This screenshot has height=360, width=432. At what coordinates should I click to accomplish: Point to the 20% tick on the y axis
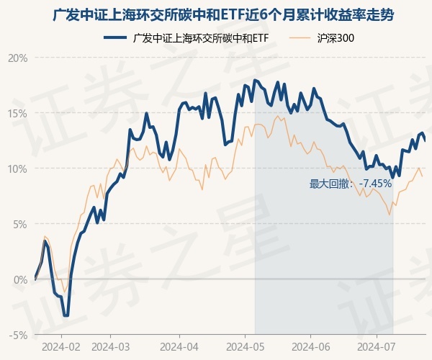(18, 58)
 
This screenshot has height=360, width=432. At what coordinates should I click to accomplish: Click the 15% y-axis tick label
(18, 113)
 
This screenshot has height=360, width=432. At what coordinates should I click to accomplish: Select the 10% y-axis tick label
(18, 168)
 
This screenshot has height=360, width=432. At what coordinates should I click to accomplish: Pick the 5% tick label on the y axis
(20, 224)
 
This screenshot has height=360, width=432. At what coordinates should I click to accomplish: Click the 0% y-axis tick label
(20, 279)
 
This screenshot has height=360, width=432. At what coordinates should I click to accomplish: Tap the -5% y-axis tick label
(19, 335)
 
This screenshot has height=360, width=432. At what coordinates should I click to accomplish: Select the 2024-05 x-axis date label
(245, 346)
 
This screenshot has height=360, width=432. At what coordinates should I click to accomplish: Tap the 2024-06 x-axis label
(310, 346)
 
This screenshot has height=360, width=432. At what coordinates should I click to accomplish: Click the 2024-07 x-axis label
(377, 346)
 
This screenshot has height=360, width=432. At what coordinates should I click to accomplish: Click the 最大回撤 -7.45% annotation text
(351, 184)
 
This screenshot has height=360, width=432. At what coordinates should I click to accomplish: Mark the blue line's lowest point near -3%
(66, 315)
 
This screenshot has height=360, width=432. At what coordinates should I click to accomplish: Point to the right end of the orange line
(422, 176)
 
